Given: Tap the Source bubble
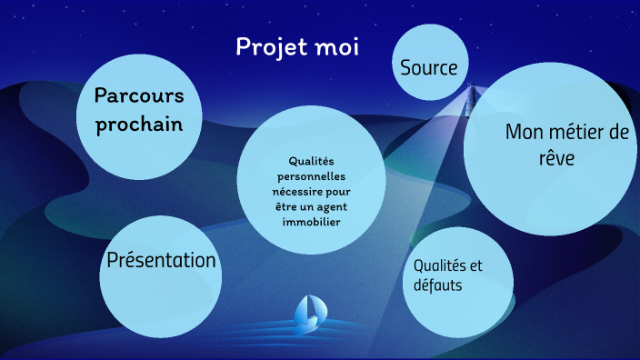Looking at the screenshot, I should pos(429,66).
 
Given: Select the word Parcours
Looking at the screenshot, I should pos(140,95).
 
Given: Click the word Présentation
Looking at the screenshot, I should pos(162,261).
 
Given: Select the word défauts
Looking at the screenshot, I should pos(438,285).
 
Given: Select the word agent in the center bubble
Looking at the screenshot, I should pos(331,207).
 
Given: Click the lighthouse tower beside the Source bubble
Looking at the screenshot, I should pos(472,99).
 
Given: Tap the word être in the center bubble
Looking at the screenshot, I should pos(284,207).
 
